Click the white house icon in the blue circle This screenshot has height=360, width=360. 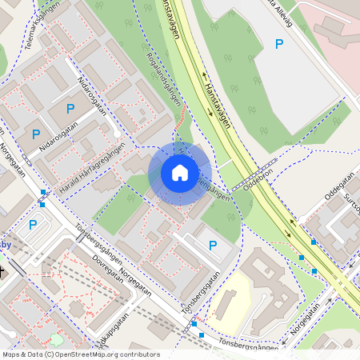(179, 173)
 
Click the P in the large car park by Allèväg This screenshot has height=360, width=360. (278, 45)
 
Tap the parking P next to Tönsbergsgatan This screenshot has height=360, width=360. (212, 245)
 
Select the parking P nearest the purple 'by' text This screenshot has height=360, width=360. (33, 225)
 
